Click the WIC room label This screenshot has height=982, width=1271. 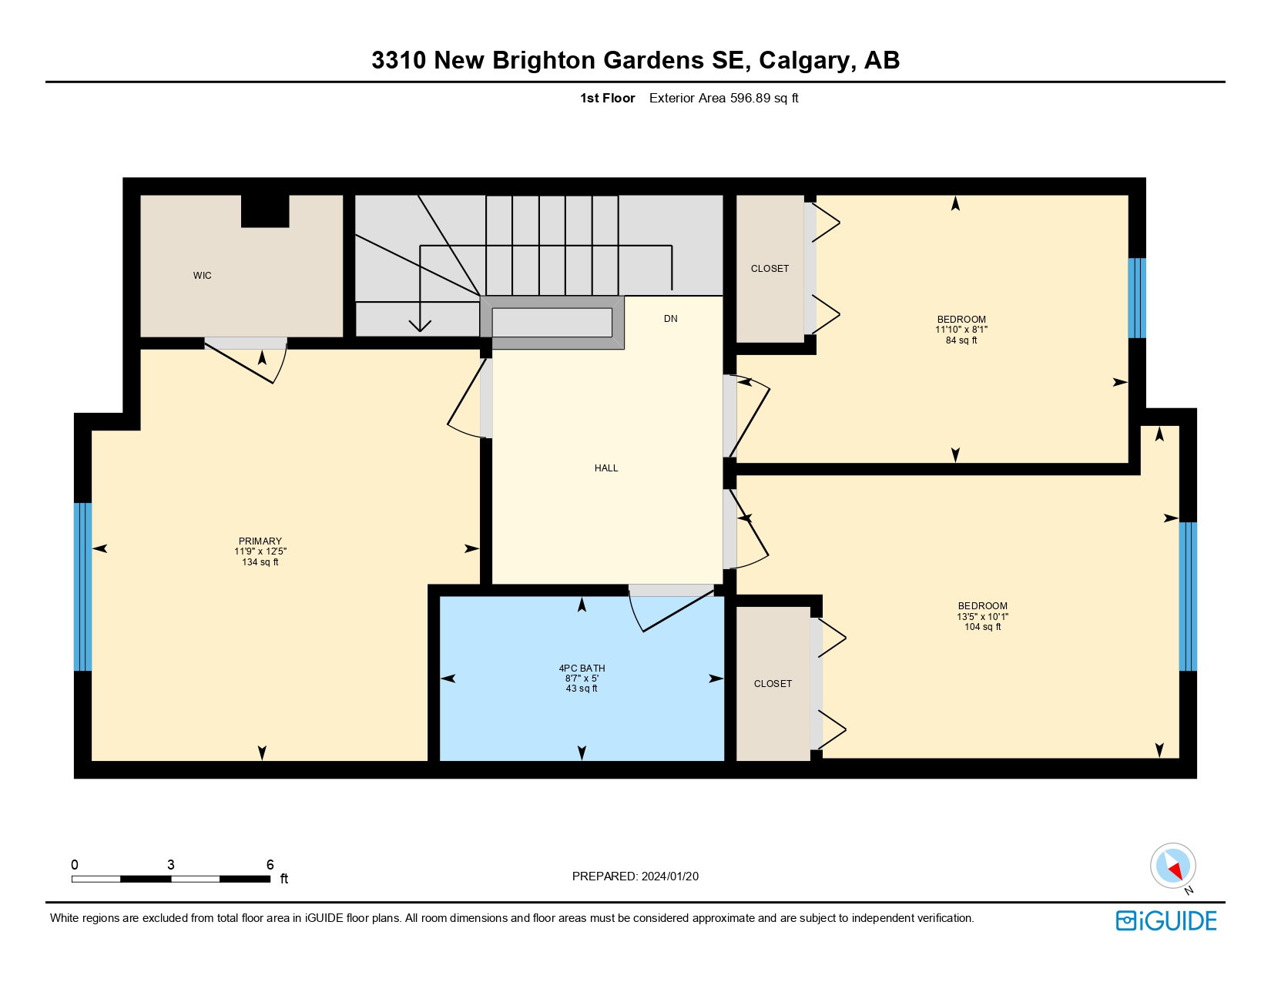pyautogui.click(x=203, y=276)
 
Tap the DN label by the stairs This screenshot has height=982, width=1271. pyautogui.click(x=671, y=319)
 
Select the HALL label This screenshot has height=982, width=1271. pyautogui.click(x=606, y=468)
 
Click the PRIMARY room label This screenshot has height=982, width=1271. pyautogui.click(x=260, y=541)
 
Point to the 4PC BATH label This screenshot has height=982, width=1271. pyautogui.click(x=582, y=669)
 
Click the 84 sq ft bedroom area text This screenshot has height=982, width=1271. pyautogui.click(x=961, y=340)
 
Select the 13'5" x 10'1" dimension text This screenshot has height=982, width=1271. pyautogui.click(x=982, y=617)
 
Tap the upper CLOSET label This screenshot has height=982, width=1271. pyautogui.click(x=770, y=269)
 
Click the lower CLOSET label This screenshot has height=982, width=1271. pyautogui.click(x=773, y=684)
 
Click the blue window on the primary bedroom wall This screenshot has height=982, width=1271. pyautogui.click(x=82, y=587)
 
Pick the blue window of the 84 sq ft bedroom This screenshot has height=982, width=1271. pyautogui.click(x=1137, y=298)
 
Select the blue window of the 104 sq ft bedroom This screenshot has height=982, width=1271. pyautogui.click(x=1188, y=597)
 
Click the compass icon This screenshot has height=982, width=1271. pyautogui.click(x=1173, y=866)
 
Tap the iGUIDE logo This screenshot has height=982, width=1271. pyautogui.click(x=1166, y=921)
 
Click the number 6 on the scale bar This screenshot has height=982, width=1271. pyautogui.click(x=270, y=865)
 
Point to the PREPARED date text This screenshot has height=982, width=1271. pyautogui.click(x=635, y=876)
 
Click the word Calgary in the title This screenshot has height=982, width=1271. pyautogui.click(x=806, y=60)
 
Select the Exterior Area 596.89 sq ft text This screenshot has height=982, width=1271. pyautogui.click(x=723, y=99)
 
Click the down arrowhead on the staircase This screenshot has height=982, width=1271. pyautogui.click(x=420, y=326)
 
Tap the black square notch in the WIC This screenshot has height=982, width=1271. pyautogui.click(x=265, y=211)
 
